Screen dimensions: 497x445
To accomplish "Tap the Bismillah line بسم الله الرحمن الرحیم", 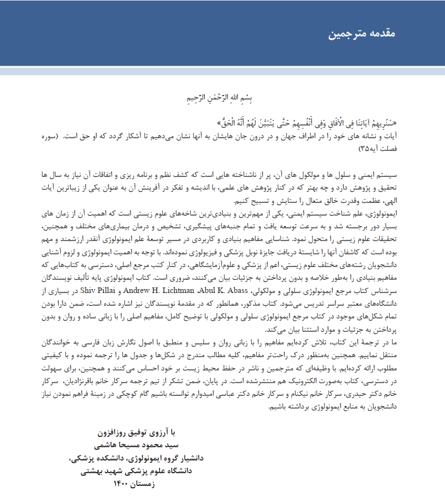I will click(221, 98).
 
